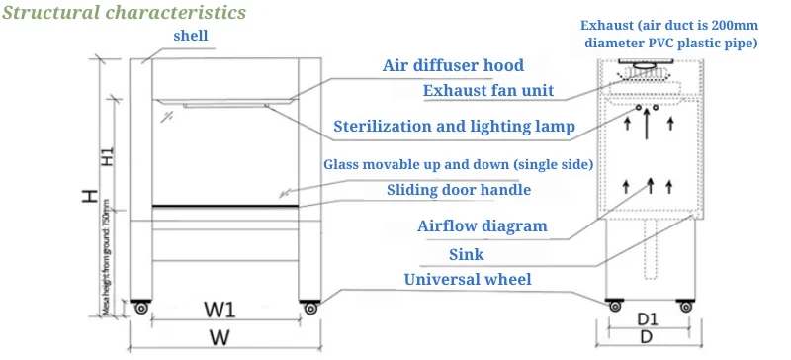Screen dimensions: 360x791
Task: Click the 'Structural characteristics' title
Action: coord(123,14)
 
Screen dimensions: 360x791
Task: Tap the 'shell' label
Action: coord(192,37)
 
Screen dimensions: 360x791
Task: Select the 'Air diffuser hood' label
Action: coord(453,66)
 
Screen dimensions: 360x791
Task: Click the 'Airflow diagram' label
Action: coord(483,225)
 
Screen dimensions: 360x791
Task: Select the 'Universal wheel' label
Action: coord(467,280)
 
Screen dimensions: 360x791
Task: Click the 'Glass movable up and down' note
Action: coord(458,163)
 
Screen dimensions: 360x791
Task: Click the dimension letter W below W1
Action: coord(220,338)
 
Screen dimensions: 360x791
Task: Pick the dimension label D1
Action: coord(648,318)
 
